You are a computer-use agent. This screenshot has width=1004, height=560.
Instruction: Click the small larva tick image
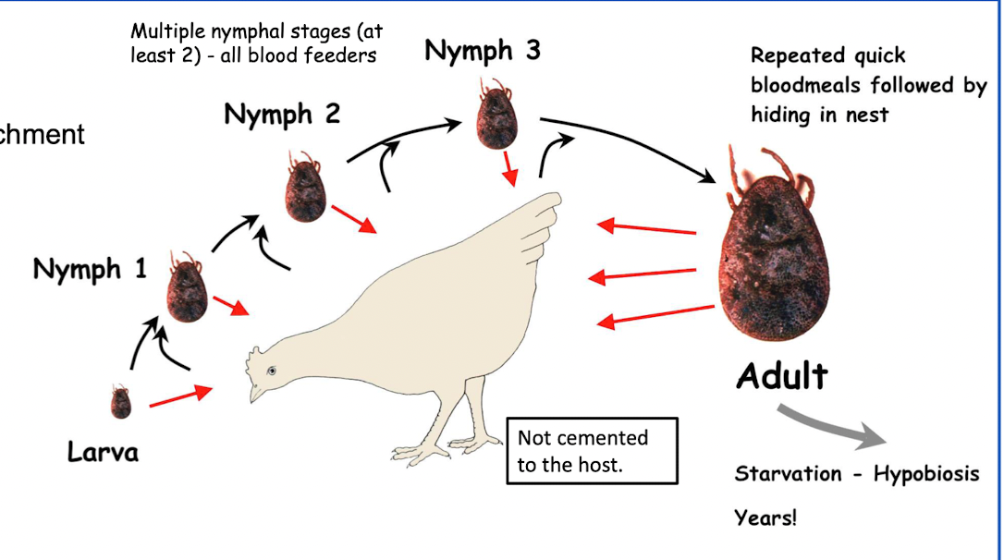[x=120, y=402]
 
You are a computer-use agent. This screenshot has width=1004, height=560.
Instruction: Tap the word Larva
[x=103, y=452]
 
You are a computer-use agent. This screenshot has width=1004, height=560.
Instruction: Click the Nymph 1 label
[x=90, y=269]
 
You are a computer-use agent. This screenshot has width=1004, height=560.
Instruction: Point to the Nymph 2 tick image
[x=305, y=189]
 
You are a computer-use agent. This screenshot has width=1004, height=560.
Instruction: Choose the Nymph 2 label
[x=282, y=115]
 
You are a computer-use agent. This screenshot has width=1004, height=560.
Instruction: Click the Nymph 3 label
[x=483, y=51]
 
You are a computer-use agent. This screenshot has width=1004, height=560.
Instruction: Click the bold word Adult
[x=781, y=376]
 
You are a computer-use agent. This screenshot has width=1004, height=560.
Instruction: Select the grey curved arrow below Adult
[x=836, y=427]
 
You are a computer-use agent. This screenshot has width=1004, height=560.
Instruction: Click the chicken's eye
[x=272, y=371]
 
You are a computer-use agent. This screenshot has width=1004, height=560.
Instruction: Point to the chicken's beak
[x=254, y=394]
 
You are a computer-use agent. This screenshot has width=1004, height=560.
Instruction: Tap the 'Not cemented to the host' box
[x=592, y=450]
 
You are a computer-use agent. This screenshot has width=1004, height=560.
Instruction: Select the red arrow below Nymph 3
[x=508, y=169]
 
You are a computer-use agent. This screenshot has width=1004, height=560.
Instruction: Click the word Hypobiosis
[x=927, y=474]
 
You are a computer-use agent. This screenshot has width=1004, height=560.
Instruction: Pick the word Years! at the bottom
[x=765, y=517]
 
